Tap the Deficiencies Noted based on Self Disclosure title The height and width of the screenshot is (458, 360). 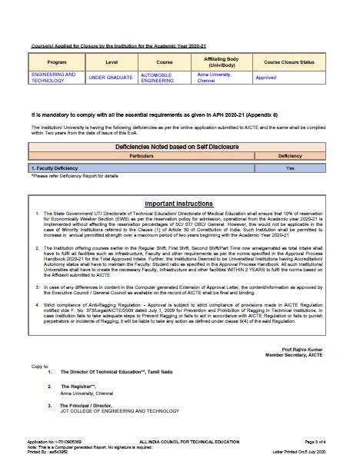pyautogui.click(x=179, y=145)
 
